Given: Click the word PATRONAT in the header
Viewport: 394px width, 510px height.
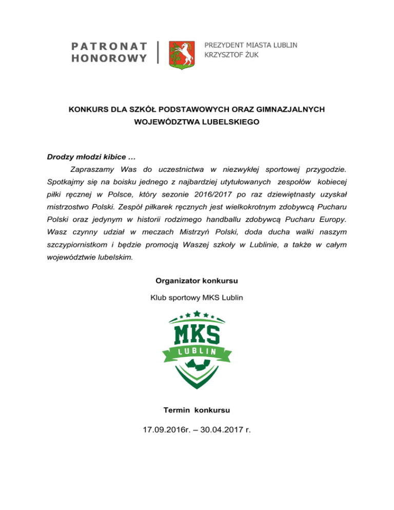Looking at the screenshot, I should tap(108, 46).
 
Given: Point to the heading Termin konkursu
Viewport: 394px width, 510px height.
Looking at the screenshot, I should tap(196, 410).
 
